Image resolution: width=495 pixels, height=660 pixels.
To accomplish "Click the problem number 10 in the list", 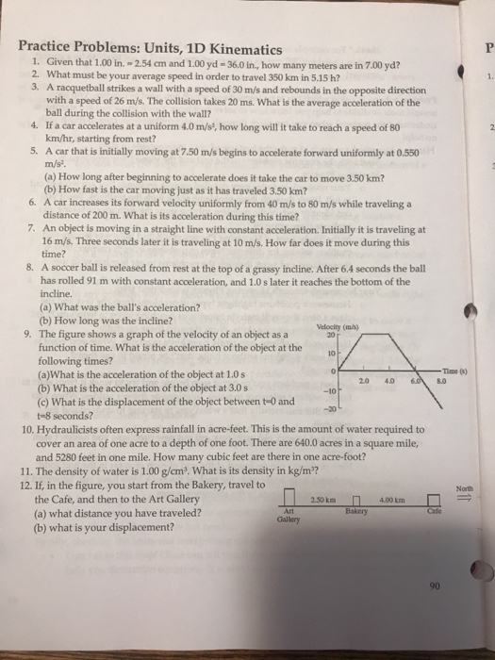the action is point(27,428).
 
